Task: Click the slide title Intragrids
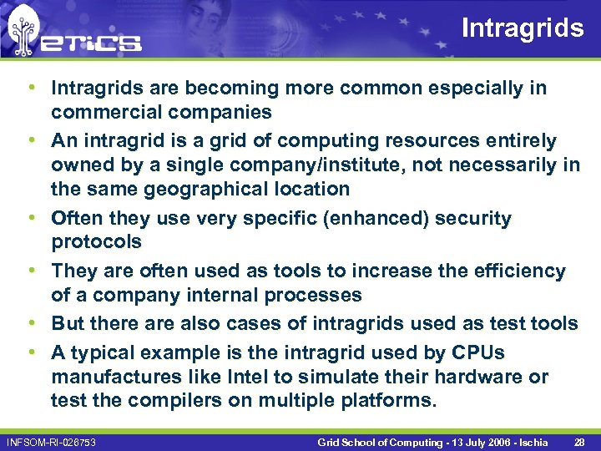[523, 28]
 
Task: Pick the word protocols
[96, 242]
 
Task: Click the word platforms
[389, 400]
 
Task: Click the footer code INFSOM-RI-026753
[51, 440]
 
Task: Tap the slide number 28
[580, 440]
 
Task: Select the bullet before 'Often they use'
[31, 219]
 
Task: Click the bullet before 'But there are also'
[31, 323]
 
